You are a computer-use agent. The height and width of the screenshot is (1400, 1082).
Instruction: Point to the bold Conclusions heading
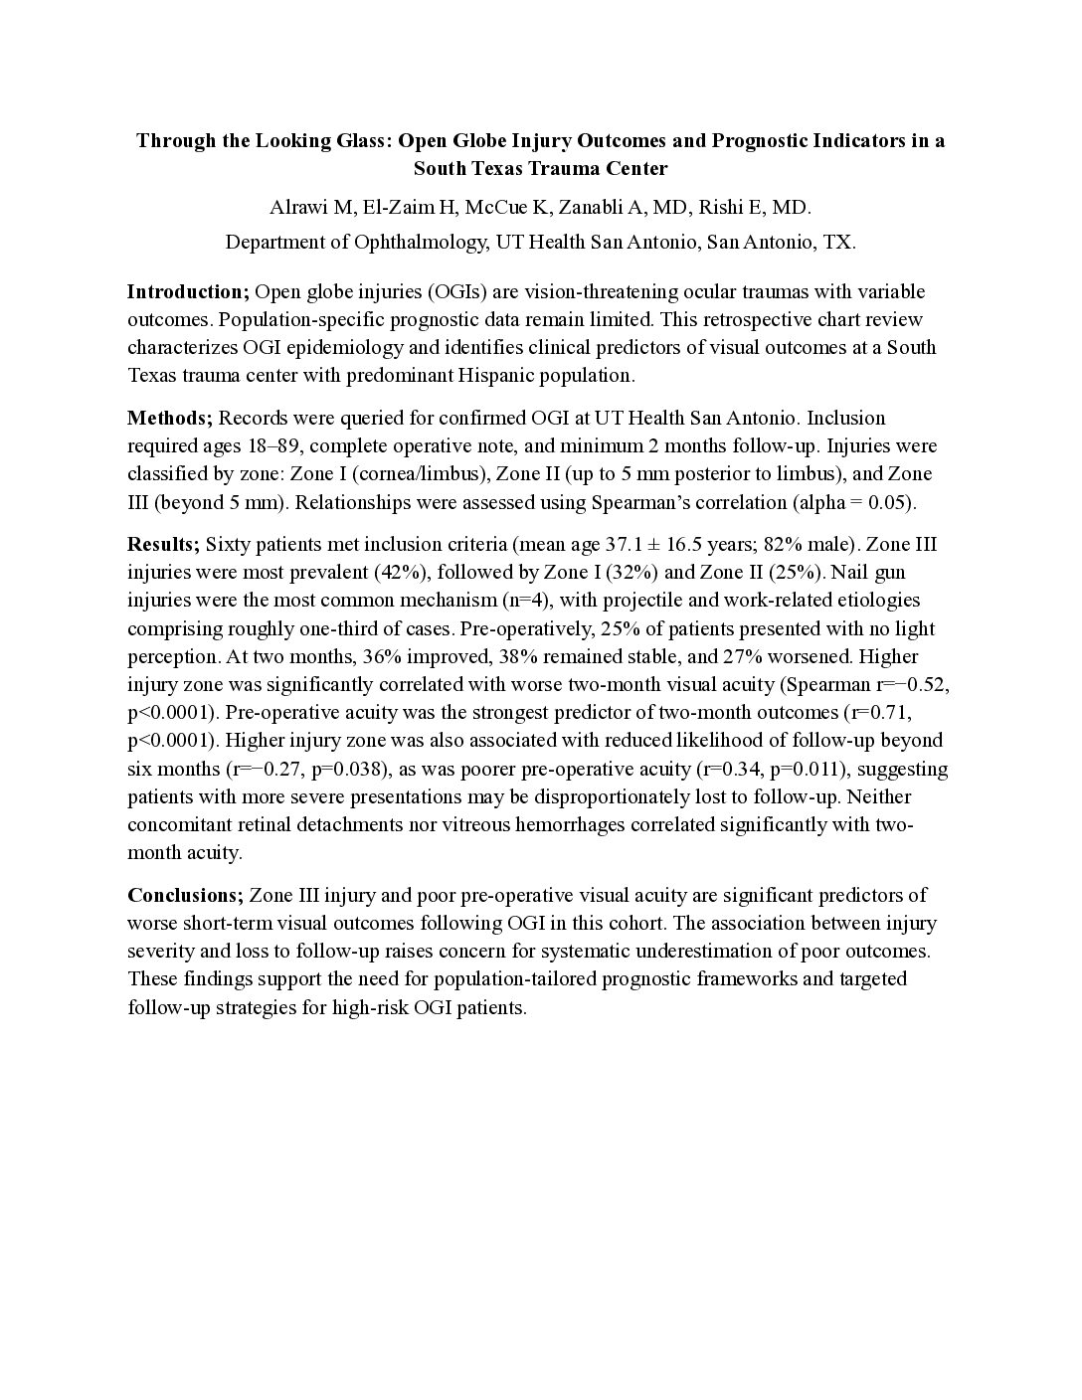click(x=185, y=895)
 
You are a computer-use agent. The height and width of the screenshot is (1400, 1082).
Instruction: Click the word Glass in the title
click(x=359, y=140)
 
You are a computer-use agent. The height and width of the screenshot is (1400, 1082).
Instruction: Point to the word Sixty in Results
click(x=227, y=544)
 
